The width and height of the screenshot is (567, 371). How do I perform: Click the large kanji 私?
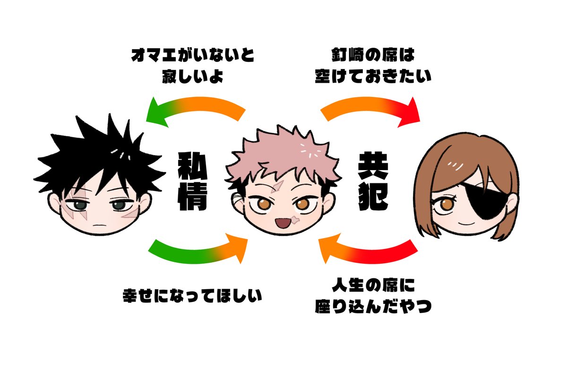[x=192, y=166]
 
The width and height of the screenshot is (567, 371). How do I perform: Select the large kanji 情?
[x=192, y=197]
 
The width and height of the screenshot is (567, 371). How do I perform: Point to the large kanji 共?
[x=373, y=166]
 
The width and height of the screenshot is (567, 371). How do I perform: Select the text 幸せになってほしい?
[x=192, y=295]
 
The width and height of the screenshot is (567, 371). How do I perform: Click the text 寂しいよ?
[x=192, y=76]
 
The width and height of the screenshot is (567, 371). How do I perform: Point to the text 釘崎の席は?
[x=373, y=55]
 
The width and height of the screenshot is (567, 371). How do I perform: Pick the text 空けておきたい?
[x=373, y=76]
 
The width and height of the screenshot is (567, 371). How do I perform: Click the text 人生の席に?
[x=373, y=285]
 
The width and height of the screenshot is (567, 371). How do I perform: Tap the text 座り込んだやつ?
[x=373, y=306]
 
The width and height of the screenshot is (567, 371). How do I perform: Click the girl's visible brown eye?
[x=446, y=205]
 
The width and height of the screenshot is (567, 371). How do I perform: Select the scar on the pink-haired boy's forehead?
[x=277, y=187]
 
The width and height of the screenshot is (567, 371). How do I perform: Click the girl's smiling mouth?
[x=466, y=224]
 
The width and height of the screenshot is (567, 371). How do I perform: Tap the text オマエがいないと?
[x=192, y=55]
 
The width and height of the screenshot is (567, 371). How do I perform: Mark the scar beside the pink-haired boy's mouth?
[x=295, y=219]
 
